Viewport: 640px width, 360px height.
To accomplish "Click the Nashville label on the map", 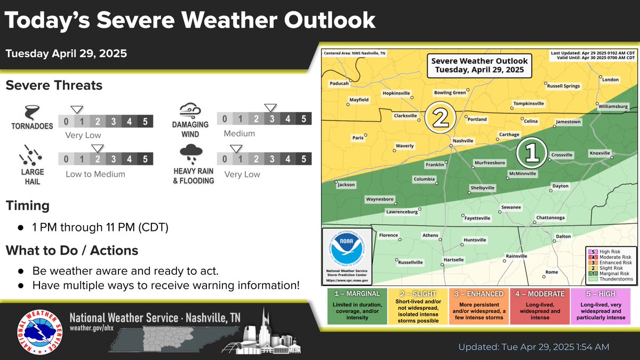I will tap(462, 141).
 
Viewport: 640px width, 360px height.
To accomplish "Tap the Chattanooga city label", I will tap(550, 218).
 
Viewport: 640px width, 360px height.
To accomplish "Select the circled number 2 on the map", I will tap(441, 118).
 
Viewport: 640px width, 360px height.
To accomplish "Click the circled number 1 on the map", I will tap(532, 153).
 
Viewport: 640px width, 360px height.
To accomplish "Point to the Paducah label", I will tap(339, 83).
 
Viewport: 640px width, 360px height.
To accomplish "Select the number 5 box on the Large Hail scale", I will tap(145, 159).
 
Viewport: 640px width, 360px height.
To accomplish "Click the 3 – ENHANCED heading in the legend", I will tap(478, 294).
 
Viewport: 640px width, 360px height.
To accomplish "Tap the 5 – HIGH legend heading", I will tap(600, 294).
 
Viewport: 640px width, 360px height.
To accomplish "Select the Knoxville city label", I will tap(599, 153).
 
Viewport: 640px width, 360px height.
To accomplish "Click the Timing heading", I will tap(28, 206).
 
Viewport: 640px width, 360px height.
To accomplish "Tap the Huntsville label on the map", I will tap(475, 240).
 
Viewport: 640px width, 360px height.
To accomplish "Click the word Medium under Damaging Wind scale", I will tap(239, 133).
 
